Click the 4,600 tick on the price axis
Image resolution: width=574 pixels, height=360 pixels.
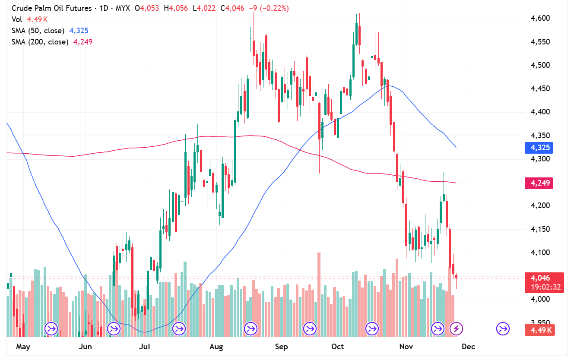pyautogui.click(x=540, y=18)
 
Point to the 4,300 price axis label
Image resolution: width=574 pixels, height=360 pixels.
pyautogui.click(x=540, y=159)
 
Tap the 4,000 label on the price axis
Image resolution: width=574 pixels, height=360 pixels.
pyautogui.click(x=540, y=299)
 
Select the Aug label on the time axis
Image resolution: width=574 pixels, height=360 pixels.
pyautogui.click(x=216, y=347)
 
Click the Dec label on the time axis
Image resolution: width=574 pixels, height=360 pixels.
pyautogui.click(x=468, y=347)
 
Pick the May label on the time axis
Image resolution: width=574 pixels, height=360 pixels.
pyautogui.click(x=23, y=347)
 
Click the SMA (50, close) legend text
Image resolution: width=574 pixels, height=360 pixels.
pyautogui.click(x=38, y=31)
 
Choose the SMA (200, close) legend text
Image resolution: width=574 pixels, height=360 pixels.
pyautogui.click(x=40, y=42)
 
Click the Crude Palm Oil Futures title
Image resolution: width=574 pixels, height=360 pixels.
pyautogui.click(x=51, y=8)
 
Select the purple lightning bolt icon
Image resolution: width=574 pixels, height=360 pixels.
pyautogui.click(x=457, y=329)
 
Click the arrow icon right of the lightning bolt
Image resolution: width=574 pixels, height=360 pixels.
pyautogui.click(x=503, y=329)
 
